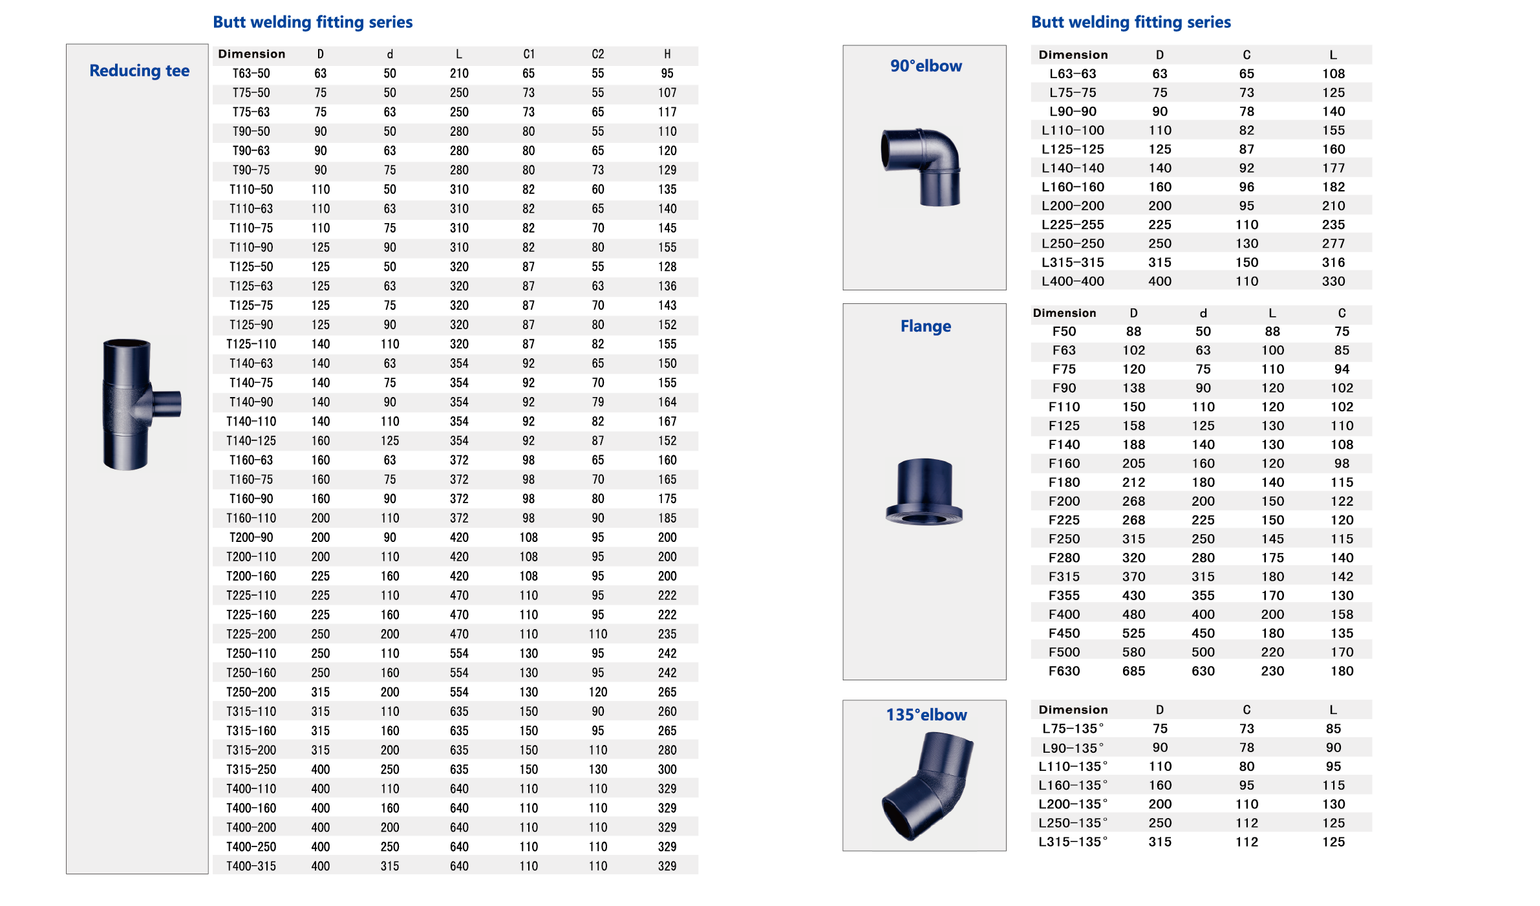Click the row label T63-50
(251, 74)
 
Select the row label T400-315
(251, 866)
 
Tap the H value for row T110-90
(667, 248)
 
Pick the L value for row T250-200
(459, 692)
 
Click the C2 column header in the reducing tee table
(598, 54)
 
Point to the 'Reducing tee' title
(140, 70)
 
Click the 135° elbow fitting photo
(926, 784)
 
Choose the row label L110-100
(1073, 131)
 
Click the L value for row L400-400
(1333, 281)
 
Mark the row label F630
(1064, 671)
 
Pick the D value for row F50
(1133, 332)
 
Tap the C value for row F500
(1342, 653)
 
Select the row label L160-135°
(1073, 786)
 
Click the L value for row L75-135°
(1333, 729)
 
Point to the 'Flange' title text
(925, 327)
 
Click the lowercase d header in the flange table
(1203, 314)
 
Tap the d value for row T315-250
(390, 770)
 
